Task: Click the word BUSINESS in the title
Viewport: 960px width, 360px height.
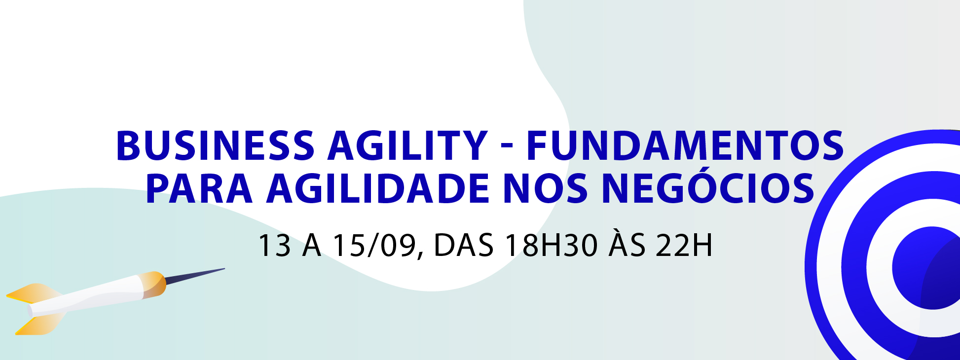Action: (x=215, y=145)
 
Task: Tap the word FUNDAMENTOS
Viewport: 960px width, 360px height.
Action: (x=685, y=145)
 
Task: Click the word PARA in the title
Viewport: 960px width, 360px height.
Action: (x=199, y=188)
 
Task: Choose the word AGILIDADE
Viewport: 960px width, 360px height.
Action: (x=378, y=188)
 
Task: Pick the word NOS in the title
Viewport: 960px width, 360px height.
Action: (x=545, y=188)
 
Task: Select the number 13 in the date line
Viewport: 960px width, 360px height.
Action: (x=274, y=245)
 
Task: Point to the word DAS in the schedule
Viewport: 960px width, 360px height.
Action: (x=463, y=245)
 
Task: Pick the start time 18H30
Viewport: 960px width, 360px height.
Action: (x=551, y=245)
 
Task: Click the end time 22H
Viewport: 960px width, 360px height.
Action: (x=684, y=245)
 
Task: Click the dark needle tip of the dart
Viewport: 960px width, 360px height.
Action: (x=195, y=276)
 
